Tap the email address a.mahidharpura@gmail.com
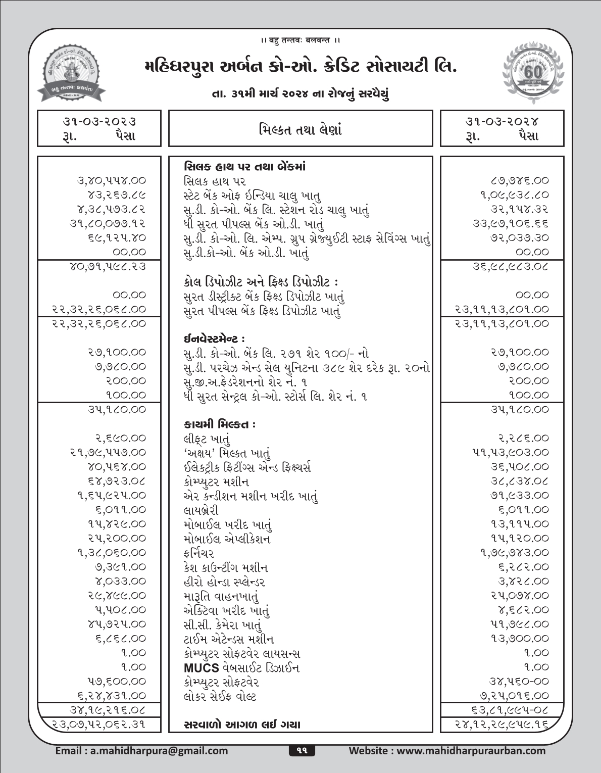point(141,751)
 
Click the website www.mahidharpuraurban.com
point(447,751)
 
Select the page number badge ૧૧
point(302,751)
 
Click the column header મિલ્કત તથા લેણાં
point(300,129)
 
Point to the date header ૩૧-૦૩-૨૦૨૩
point(99,122)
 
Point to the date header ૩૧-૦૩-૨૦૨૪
point(502,122)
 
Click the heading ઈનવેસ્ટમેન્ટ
point(215,338)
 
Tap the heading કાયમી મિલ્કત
point(219,424)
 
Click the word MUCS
point(202,668)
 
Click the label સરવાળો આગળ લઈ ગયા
point(242,724)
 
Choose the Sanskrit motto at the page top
point(300,40)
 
